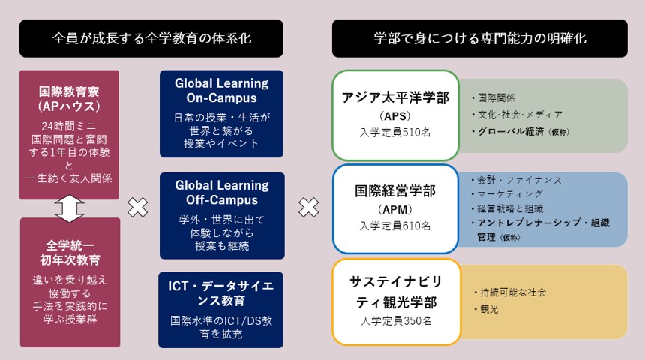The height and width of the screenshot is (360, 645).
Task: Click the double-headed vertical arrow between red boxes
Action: [69, 208]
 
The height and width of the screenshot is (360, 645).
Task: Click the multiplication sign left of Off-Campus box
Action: [138, 207]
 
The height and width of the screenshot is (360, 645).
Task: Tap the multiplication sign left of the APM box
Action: [308, 207]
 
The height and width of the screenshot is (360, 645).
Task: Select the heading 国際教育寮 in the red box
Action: [69, 91]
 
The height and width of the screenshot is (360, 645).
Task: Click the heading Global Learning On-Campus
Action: [222, 91]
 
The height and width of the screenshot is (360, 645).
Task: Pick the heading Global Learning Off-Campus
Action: [222, 193]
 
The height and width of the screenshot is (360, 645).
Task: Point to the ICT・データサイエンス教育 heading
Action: [221, 293]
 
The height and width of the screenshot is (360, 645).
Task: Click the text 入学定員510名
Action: [395, 133]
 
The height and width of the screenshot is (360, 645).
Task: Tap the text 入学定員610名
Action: [395, 226]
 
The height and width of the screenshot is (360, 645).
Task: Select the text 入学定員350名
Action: [397, 321]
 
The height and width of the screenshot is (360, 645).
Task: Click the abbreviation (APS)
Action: [395, 116]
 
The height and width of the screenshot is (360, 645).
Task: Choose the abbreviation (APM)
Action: [395, 210]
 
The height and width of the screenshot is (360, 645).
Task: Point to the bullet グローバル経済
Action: [508, 132]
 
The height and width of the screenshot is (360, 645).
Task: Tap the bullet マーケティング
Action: [507, 194]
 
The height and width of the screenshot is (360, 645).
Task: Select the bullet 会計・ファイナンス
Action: [516, 180]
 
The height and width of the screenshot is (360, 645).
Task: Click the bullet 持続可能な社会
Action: [510, 292]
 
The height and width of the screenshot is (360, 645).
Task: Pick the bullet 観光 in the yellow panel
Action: [486, 310]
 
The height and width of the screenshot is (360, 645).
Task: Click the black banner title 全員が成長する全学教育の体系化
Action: [151, 39]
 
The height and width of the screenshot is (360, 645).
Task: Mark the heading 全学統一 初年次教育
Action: [70, 253]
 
